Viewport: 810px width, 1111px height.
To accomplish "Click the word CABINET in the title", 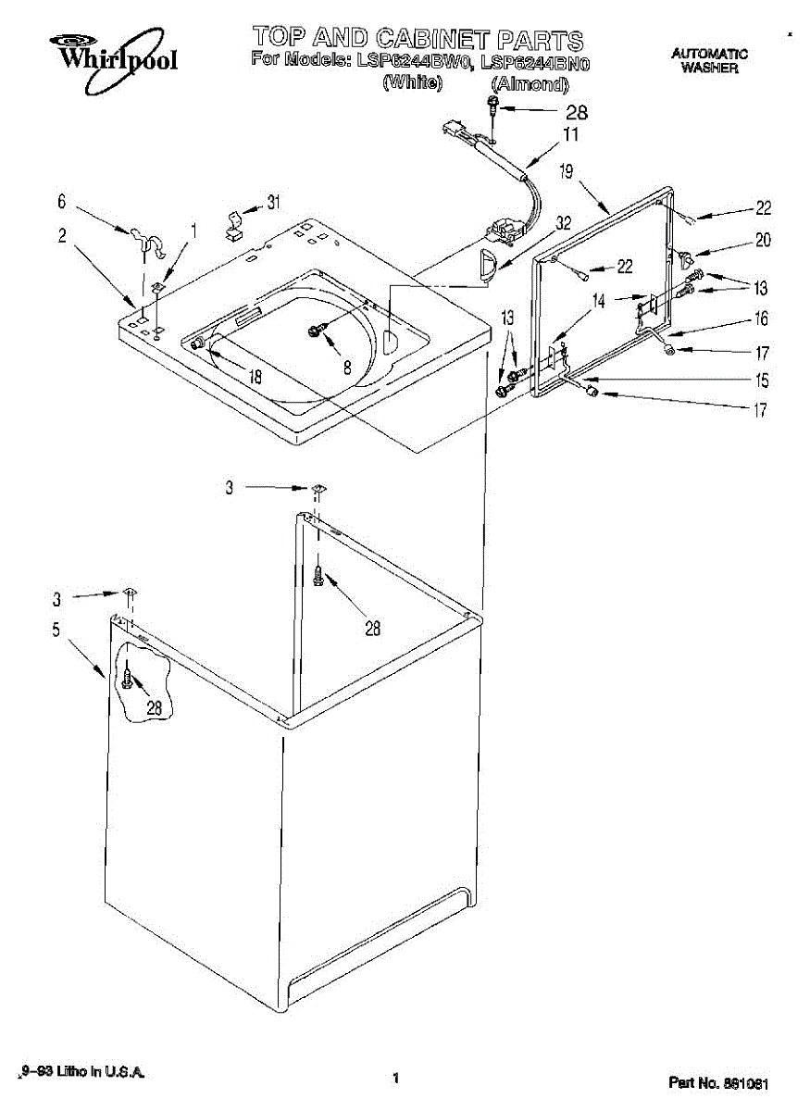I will pyautogui.click(x=432, y=39).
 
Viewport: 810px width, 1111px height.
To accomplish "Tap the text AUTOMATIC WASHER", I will pyautogui.click(x=709, y=61).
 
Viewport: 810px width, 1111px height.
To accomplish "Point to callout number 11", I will pyautogui.click(x=571, y=135).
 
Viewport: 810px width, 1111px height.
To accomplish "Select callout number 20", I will pyautogui.click(x=762, y=240).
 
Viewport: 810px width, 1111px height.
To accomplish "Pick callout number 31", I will pyautogui.click(x=272, y=203).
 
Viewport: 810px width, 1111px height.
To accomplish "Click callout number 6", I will pyautogui.click(x=62, y=201).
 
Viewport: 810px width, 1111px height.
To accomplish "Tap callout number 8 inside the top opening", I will pyautogui.click(x=347, y=367).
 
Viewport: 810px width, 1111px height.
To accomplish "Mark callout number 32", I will pyautogui.click(x=564, y=223).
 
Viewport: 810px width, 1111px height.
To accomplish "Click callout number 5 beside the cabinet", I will pyautogui.click(x=56, y=631).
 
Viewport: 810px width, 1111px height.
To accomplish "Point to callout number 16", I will pyautogui.click(x=761, y=319).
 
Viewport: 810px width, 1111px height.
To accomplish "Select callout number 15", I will pyautogui.click(x=761, y=380).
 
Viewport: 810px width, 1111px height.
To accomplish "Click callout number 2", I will pyautogui.click(x=62, y=236).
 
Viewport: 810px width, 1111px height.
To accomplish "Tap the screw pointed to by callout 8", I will pyautogui.click(x=317, y=331).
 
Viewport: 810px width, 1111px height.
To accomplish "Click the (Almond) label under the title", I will pyautogui.click(x=529, y=85).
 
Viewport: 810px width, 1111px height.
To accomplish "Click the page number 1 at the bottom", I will pyautogui.click(x=395, y=1078).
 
